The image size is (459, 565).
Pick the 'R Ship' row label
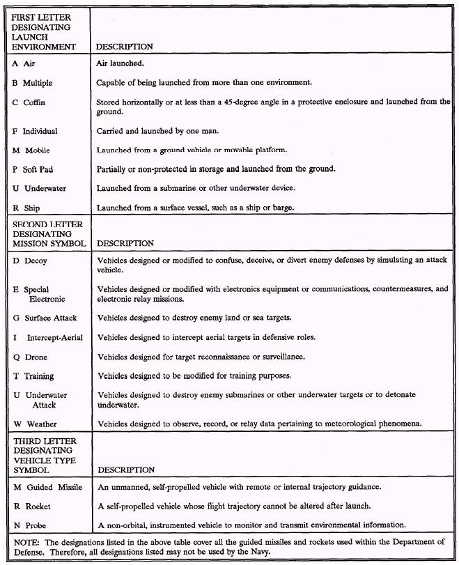(27, 208)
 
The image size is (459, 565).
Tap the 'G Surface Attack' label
(45, 318)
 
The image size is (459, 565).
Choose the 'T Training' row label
(33, 376)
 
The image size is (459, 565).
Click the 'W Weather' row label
(35, 424)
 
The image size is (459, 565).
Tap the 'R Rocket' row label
(32, 506)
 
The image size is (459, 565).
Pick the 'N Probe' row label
(31, 525)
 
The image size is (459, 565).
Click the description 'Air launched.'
(120, 63)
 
